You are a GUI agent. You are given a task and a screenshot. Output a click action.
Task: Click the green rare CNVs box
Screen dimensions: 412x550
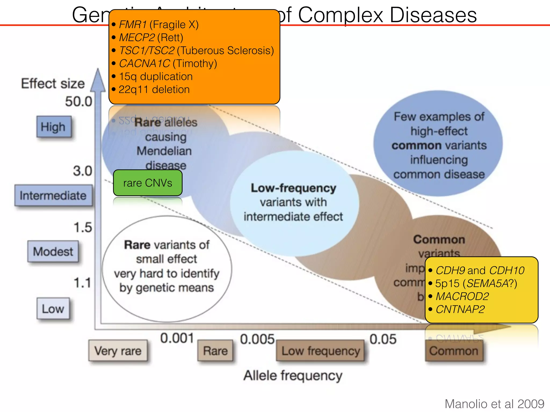(148, 183)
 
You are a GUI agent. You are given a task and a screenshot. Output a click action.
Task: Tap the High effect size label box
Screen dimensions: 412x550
(54, 127)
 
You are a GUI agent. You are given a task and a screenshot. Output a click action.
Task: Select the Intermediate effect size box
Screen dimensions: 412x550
(53, 195)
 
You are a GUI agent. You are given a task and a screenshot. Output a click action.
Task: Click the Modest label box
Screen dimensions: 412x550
(53, 251)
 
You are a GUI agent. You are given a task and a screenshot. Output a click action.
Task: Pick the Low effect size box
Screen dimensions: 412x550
(53, 308)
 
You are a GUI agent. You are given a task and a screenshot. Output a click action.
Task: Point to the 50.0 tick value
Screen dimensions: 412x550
(78, 101)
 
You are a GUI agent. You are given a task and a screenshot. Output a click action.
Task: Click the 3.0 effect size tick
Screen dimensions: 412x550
(82, 171)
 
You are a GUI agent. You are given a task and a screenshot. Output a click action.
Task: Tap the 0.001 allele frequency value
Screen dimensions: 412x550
(177, 338)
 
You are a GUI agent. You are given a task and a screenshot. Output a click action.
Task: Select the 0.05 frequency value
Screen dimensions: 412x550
(383, 339)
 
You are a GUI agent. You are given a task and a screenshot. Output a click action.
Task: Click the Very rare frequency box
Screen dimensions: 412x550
(118, 351)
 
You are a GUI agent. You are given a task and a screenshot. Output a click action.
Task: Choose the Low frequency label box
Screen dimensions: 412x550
(320, 351)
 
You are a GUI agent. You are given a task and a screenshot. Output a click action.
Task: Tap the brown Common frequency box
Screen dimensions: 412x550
(454, 351)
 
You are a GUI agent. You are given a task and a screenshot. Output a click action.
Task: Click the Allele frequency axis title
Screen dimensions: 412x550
(293, 375)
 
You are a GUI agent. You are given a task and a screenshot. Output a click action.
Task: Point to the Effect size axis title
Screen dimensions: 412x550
(53, 83)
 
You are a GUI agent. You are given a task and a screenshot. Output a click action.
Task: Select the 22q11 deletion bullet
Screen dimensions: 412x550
(154, 89)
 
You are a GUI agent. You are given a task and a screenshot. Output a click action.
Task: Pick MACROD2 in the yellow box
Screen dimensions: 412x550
(462, 296)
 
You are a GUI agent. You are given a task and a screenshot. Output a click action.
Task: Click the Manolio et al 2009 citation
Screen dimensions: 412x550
(494, 404)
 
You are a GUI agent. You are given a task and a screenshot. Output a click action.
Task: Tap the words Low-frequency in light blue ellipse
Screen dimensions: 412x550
(293, 188)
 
